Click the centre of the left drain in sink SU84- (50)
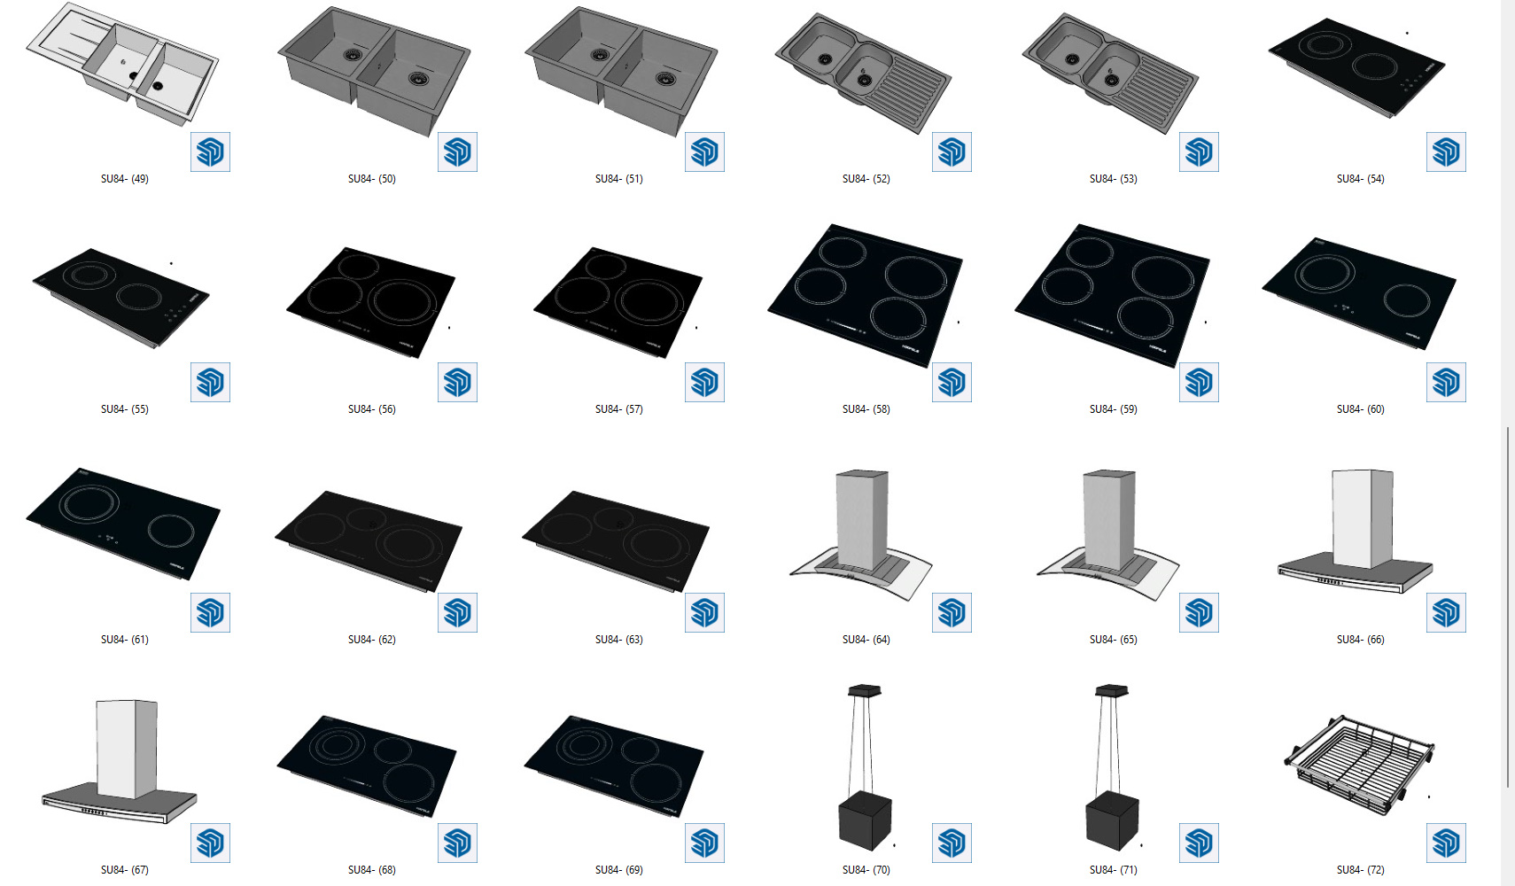tap(352, 55)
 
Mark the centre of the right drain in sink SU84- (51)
tap(665, 79)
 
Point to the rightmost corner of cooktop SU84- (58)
tap(962, 259)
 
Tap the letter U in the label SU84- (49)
tap(110, 179)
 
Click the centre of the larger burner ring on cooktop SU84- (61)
tap(89, 503)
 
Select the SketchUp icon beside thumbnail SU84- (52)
tap(952, 152)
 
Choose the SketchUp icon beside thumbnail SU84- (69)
tap(704, 843)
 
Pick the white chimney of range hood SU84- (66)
tap(1362, 518)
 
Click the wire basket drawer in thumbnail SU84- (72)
tap(1359, 766)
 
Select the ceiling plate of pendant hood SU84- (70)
tap(865, 690)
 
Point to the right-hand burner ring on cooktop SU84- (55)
tap(139, 297)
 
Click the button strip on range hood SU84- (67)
tap(95, 811)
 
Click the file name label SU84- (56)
tap(372, 409)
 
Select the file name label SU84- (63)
tap(619, 639)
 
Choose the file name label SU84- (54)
tap(1360, 179)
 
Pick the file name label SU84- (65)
tap(1114, 639)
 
